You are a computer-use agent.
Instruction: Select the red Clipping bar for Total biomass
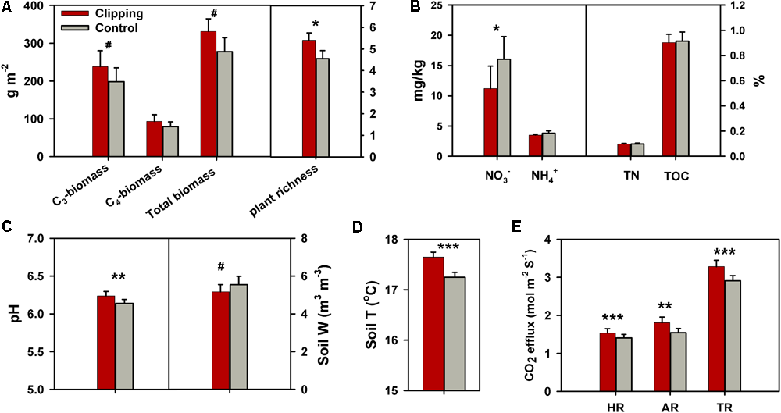tap(209, 94)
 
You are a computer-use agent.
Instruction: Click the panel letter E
tap(514, 227)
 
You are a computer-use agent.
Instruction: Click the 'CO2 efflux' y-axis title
tap(534, 315)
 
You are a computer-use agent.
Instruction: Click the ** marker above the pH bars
tap(119, 276)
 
